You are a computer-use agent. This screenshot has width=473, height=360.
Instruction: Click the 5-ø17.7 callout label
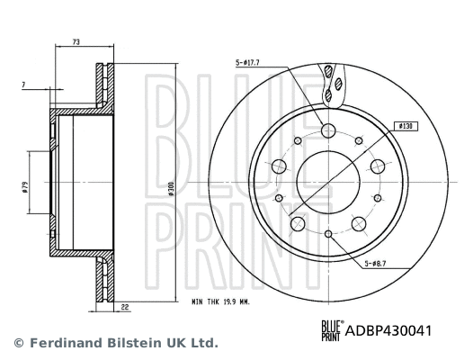click(248, 62)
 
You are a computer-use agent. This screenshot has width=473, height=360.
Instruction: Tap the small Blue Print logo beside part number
click(332, 330)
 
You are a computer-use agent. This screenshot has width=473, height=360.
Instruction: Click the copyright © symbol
click(17, 343)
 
